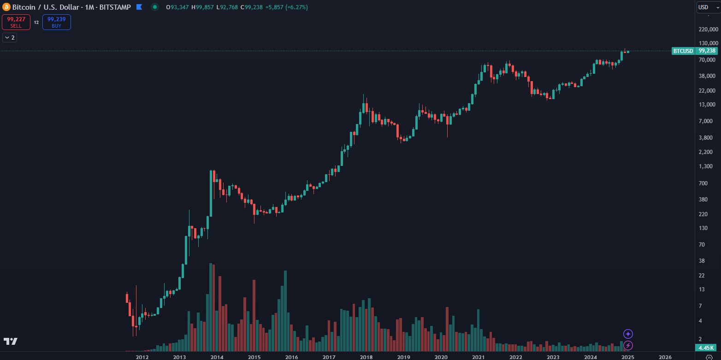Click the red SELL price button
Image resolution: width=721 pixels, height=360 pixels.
coord(16,22)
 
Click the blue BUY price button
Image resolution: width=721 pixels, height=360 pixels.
coord(56,22)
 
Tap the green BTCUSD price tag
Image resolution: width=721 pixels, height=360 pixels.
coord(683,51)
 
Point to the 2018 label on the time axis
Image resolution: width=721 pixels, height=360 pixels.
coord(366,357)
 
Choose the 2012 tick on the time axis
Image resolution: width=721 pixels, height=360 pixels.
coord(142,357)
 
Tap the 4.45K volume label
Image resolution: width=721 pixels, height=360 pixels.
coord(705,348)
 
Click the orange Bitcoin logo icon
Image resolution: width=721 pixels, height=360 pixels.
coord(6,7)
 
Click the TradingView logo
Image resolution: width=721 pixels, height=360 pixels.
coord(11,341)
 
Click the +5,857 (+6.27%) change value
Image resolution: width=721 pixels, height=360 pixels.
coord(287,7)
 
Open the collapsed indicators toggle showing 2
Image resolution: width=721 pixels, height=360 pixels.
coord(10,37)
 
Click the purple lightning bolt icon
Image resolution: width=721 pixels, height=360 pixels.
coord(628,345)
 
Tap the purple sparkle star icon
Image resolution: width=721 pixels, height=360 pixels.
coord(628,334)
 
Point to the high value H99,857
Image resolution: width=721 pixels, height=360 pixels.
coord(203,7)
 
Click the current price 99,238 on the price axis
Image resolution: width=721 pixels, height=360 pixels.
coord(707,51)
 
